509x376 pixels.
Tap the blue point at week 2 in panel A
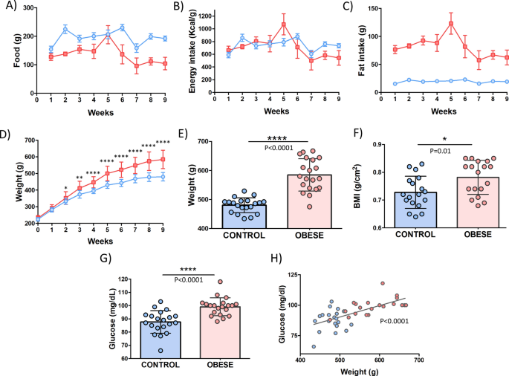(65, 29)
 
